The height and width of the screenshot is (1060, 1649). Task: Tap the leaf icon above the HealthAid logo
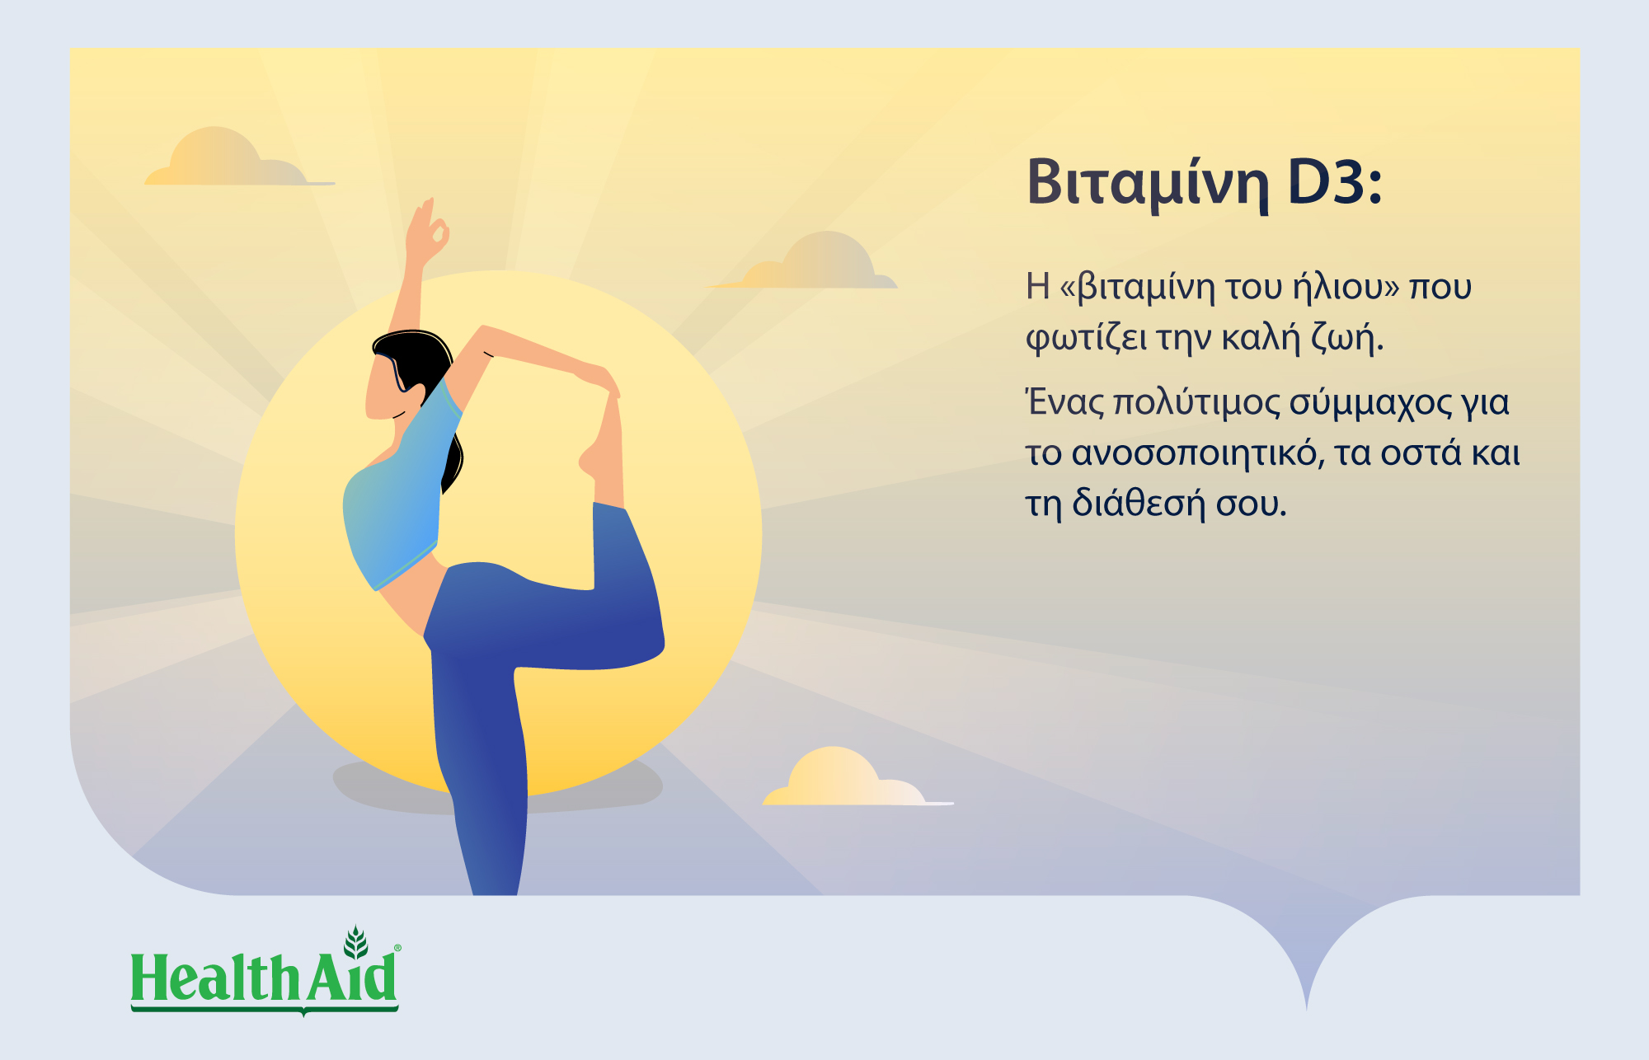(355, 942)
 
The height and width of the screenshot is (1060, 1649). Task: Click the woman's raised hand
(427, 228)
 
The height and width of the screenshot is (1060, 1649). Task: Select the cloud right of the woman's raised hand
(804, 261)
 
